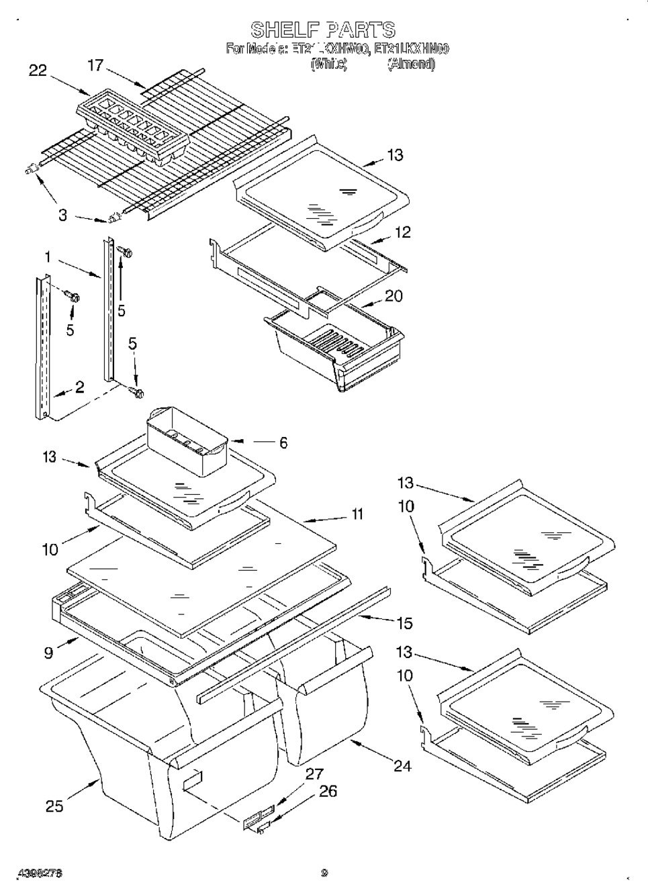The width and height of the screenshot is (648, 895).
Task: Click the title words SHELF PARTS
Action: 323,30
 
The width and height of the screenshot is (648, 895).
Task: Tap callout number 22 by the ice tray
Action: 38,70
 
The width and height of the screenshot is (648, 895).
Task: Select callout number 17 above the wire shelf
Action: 97,65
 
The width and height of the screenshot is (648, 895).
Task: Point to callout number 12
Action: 402,232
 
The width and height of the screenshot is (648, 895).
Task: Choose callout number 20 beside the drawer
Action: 394,295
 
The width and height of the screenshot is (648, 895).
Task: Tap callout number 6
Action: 283,442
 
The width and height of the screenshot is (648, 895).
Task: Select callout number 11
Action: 357,514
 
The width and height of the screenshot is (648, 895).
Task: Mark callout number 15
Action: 404,623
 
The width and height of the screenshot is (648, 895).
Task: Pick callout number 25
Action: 54,806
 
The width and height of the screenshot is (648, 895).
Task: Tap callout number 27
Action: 314,774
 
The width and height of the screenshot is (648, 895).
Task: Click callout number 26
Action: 328,792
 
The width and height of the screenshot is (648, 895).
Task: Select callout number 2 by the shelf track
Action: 79,387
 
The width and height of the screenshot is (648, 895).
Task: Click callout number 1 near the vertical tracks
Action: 48,256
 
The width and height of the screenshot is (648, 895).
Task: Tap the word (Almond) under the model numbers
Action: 411,64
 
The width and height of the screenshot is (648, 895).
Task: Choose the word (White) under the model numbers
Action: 328,64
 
